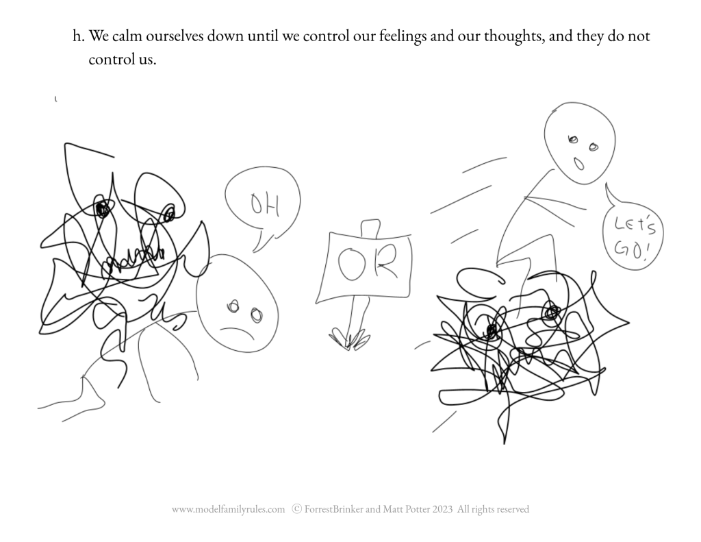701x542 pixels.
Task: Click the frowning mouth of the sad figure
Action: pos(237,332)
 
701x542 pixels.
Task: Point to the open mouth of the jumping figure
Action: pos(578,164)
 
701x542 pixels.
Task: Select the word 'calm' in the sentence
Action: pos(127,36)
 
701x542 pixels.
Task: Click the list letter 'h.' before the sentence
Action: pos(79,36)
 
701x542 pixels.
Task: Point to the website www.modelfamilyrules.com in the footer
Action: pos(228,509)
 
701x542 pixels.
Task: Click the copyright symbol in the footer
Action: pos(296,509)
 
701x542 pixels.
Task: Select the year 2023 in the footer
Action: pos(442,509)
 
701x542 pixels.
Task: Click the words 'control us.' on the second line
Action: pos(122,59)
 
